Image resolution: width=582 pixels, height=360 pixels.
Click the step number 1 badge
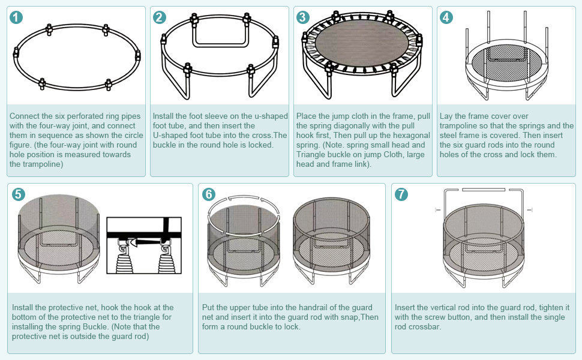(16, 17)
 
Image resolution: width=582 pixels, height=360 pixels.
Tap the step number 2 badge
(160, 17)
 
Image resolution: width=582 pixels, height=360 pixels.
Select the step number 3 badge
(303, 17)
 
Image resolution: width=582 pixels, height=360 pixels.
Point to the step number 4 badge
(446, 17)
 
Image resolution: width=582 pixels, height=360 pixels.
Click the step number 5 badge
(19, 194)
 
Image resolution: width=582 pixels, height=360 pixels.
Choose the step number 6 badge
(209, 194)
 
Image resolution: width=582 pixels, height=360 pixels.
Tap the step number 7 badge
(401, 194)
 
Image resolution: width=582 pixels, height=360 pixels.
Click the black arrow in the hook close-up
(145, 243)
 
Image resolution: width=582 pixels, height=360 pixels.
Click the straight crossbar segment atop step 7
(484, 190)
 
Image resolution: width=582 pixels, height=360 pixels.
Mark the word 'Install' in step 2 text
(164, 116)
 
